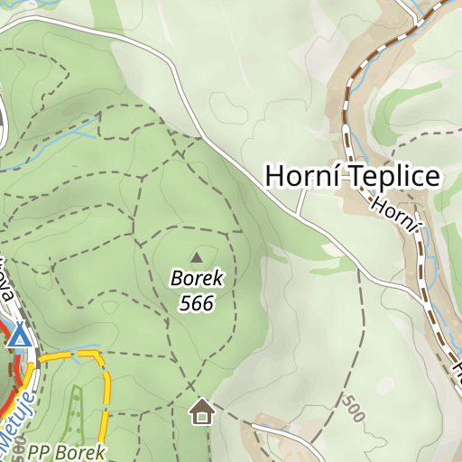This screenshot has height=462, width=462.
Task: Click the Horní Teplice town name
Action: [x=352, y=176]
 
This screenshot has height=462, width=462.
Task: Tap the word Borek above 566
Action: [x=197, y=279]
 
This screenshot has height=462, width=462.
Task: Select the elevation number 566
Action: [x=197, y=303]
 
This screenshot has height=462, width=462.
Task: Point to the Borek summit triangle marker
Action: [x=197, y=257]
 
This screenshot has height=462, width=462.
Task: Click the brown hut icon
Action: [x=201, y=412]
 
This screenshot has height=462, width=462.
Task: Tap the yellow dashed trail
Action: [x=106, y=397]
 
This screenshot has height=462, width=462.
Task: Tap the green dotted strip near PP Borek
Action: [x=74, y=411]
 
